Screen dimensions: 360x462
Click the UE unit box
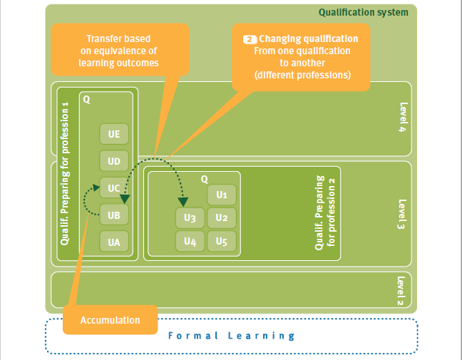(114, 134)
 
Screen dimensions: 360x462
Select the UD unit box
(114, 161)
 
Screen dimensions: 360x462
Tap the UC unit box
(114, 188)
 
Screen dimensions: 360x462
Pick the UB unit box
(114, 215)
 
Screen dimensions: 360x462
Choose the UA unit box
(114, 242)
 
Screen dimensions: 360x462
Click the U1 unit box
(221, 194)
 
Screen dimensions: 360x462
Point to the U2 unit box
(221, 217)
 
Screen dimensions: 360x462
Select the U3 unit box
(190, 217)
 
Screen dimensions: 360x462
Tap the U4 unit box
(190, 241)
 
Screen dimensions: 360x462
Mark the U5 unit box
(221, 241)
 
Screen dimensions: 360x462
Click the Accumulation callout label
(110, 320)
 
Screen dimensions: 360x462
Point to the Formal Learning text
(231, 336)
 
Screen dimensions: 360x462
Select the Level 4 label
(404, 118)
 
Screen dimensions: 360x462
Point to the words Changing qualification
(308, 39)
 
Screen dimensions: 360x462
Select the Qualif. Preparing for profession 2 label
(325, 212)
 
